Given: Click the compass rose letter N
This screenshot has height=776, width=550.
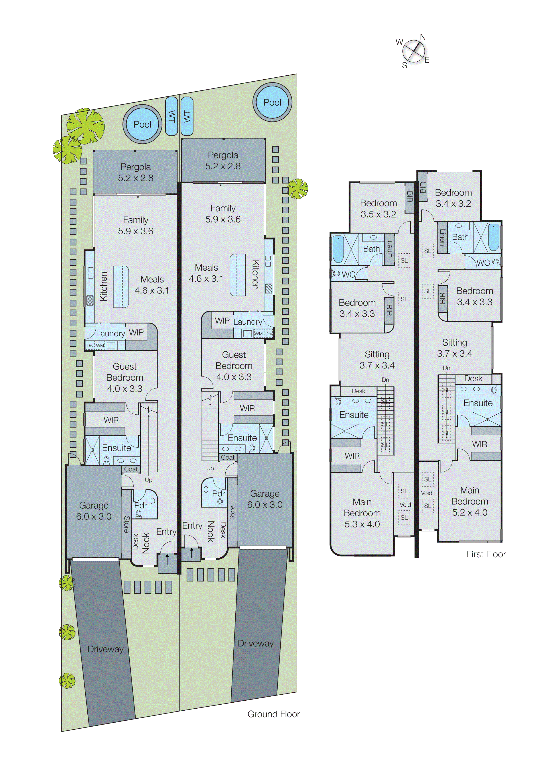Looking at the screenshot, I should coord(423,37).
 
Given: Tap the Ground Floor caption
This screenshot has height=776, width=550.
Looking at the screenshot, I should coord(273,714).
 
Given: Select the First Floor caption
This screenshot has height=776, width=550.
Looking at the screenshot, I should coord(486,554).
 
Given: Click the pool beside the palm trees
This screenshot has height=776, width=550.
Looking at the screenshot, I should coord(142,124).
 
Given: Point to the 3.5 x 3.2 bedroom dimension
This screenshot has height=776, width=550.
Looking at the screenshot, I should coord(378,214).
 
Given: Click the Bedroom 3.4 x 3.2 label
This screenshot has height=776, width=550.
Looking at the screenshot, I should coord(453,198).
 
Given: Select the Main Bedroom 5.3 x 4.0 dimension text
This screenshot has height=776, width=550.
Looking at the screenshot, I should coord(362,524).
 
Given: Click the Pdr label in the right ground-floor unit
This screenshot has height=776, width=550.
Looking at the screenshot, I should coord(219,493).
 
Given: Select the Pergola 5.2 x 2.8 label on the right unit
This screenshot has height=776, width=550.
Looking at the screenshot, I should coord(223,161).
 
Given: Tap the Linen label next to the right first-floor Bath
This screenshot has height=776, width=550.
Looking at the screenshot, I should coord(442,237).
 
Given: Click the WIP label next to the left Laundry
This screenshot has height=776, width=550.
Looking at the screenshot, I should coord(136,333).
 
